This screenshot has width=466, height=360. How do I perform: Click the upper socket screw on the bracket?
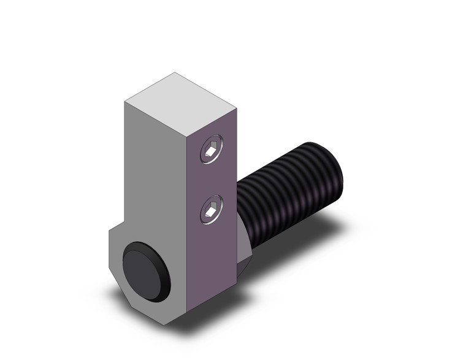[211, 150]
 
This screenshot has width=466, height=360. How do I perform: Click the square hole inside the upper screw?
[211, 150]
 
